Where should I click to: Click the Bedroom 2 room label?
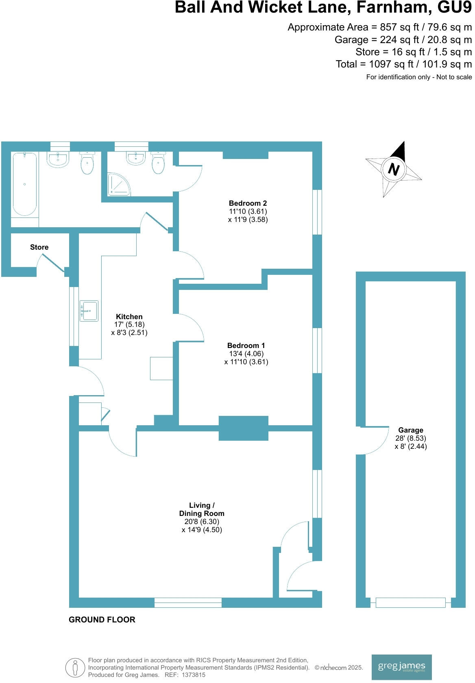click(x=248, y=203)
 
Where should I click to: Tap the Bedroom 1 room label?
click(x=246, y=346)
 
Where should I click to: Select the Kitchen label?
click(x=129, y=317)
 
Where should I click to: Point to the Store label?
click(x=39, y=247)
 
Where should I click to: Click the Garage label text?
click(x=410, y=430)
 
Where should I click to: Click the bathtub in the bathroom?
click(x=24, y=184)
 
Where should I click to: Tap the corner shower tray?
click(x=118, y=184)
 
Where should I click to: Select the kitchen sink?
click(x=89, y=311)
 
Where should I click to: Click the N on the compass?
click(x=393, y=169)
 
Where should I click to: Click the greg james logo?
click(x=401, y=667)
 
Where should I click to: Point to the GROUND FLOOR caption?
click(x=102, y=620)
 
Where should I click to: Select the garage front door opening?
click(x=410, y=603)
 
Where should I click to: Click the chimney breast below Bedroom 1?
click(x=243, y=428)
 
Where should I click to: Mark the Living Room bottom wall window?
click(x=188, y=603)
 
